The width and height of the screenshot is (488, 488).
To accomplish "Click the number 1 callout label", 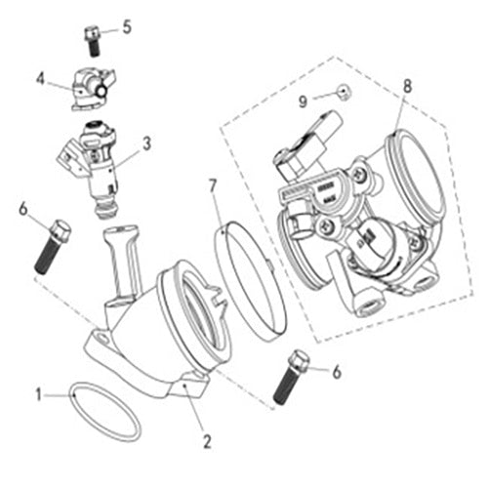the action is click(40, 395).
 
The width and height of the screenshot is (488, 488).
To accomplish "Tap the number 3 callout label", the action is click(146, 142).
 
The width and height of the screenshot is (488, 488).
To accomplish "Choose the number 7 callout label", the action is click(214, 184).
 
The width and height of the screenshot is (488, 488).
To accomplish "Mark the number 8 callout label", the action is click(407, 85).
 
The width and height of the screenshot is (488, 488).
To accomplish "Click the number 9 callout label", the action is click(304, 100).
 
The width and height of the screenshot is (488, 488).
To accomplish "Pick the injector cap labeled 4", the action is click(86, 88).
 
